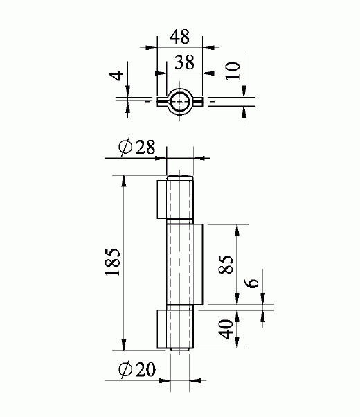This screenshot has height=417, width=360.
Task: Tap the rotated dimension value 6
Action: click(253, 282)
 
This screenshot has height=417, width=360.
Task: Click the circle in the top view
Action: click(179, 101)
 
